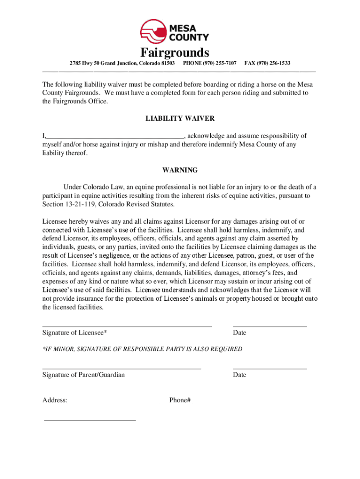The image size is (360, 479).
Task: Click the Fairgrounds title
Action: coord(174,52)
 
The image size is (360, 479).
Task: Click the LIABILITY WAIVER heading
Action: coord(180,119)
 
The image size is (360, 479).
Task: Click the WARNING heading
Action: coord(180,170)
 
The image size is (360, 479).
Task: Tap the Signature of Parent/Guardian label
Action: coord(83,375)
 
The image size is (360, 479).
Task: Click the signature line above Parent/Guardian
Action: coord(122,369)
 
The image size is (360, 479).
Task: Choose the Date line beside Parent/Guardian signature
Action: coord(270,369)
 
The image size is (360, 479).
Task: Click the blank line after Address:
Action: coord(113,402)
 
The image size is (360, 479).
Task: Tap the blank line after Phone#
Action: coord(231,402)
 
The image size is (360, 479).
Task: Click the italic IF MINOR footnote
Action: coord(142,349)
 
